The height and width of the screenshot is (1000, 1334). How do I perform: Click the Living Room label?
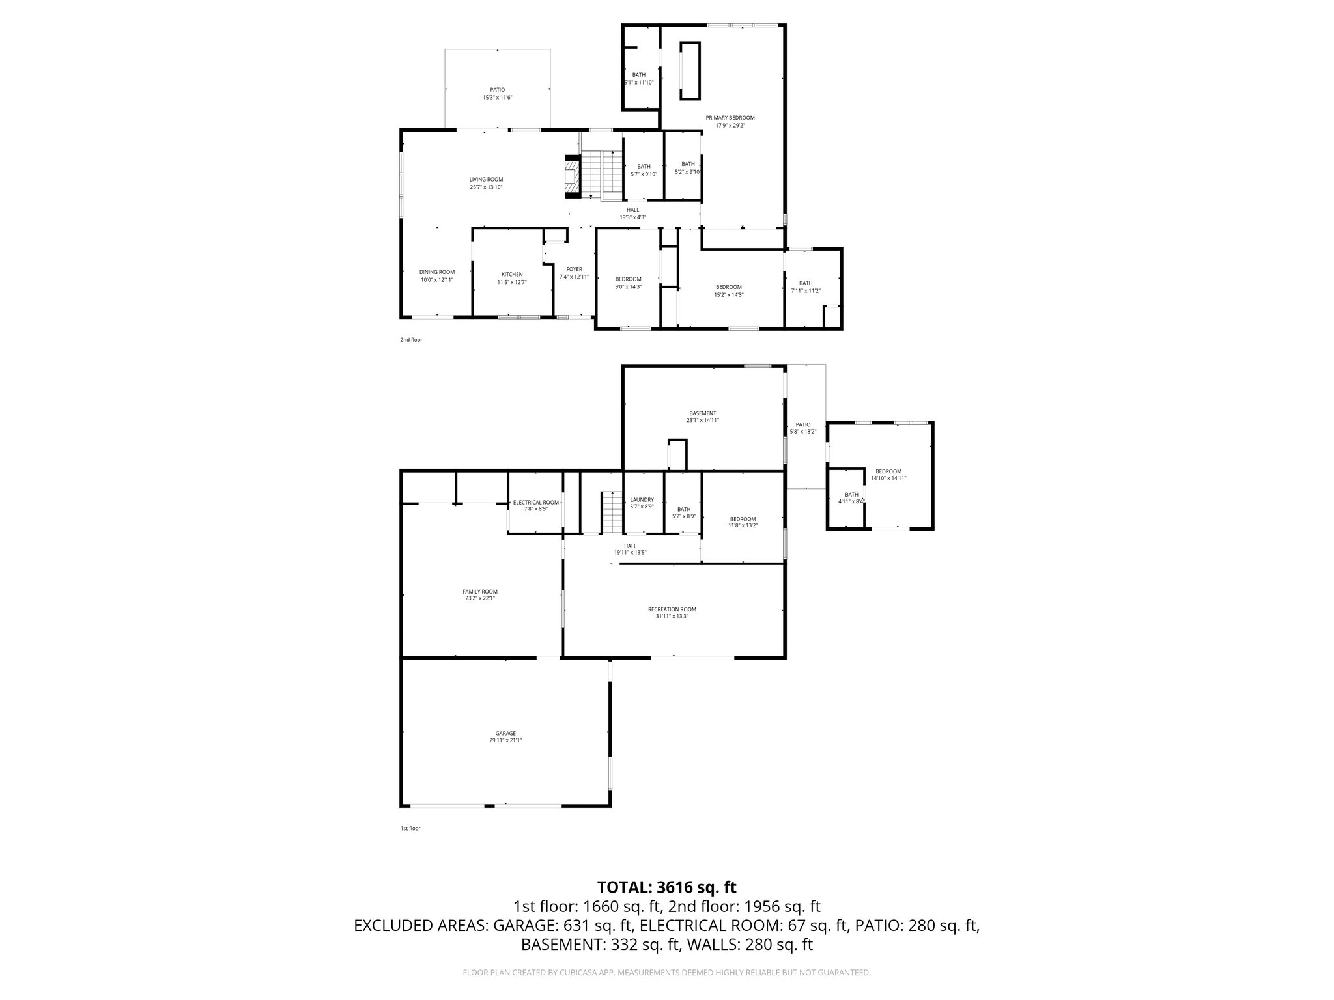(x=486, y=183)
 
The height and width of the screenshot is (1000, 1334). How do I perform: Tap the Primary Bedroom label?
(x=730, y=121)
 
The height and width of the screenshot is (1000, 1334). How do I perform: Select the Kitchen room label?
(x=512, y=278)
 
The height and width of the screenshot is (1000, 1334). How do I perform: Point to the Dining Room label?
(x=436, y=275)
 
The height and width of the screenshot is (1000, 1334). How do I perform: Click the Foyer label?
(x=574, y=272)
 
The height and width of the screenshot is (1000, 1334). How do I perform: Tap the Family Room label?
(x=480, y=594)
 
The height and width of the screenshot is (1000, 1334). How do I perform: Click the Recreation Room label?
(x=672, y=612)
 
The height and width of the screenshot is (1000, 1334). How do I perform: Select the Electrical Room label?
(x=535, y=505)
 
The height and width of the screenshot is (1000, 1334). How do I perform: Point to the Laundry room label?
(x=642, y=503)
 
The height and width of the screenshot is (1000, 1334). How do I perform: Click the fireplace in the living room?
(x=571, y=176)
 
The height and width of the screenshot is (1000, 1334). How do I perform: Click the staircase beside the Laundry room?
(x=612, y=512)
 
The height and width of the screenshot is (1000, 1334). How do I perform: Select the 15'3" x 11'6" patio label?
(x=497, y=93)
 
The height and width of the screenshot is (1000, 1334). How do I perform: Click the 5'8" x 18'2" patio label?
(x=802, y=428)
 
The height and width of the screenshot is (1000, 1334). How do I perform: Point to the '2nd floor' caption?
(x=411, y=340)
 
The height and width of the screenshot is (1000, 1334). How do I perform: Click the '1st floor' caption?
(x=410, y=828)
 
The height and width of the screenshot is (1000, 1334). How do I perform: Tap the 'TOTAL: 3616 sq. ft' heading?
(x=666, y=887)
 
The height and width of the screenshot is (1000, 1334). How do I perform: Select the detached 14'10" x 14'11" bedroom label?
(x=888, y=475)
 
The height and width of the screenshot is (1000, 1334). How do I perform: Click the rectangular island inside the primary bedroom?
(x=690, y=70)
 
